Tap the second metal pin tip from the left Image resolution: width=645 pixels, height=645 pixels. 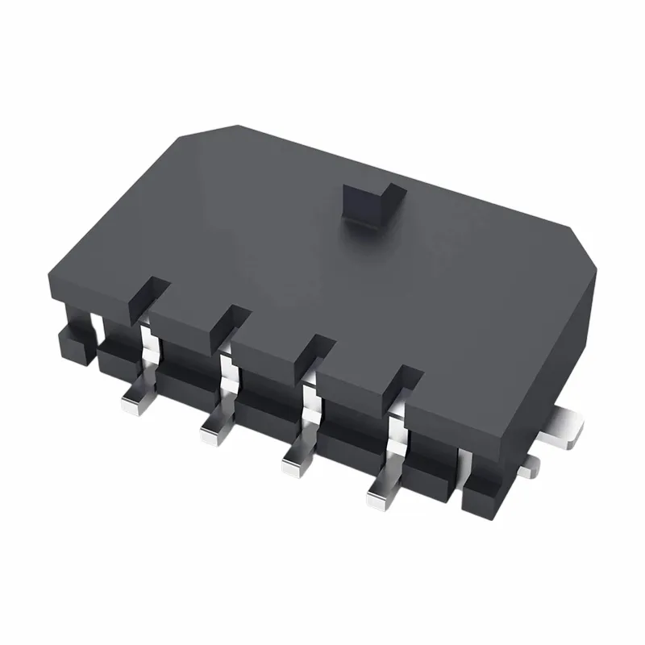click(x=212, y=433)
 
